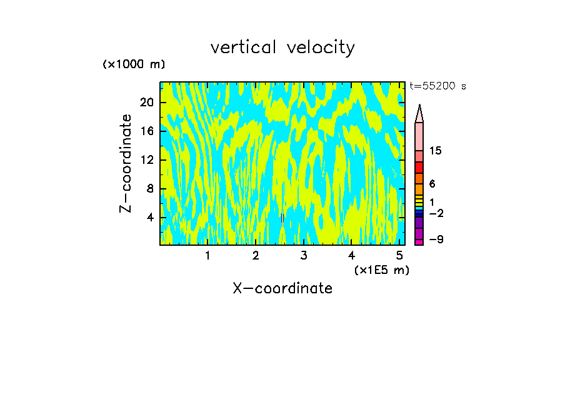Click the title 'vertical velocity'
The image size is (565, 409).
click(282, 48)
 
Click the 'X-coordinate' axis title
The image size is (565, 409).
click(282, 288)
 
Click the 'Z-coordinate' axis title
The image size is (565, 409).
click(126, 163)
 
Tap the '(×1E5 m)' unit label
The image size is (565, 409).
click(382, 270)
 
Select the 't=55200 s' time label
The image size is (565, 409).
click(437, 86)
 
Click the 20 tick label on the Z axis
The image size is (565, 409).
click(146, 103)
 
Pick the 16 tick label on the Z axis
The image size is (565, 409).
click(146, 131)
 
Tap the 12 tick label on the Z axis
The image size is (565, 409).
click(146, 160)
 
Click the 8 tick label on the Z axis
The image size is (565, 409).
click(149, 189)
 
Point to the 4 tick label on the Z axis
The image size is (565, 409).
click(149, 218)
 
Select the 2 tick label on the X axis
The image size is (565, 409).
click(256, 256)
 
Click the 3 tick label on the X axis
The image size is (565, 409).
click(304, 256)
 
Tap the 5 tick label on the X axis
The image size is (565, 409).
click(399, 256)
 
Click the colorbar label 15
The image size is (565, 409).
click(436, 151)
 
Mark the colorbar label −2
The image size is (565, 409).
click(436, 214)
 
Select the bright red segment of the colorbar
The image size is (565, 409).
click(419, 168)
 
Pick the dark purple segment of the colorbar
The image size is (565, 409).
click(419, 223)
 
